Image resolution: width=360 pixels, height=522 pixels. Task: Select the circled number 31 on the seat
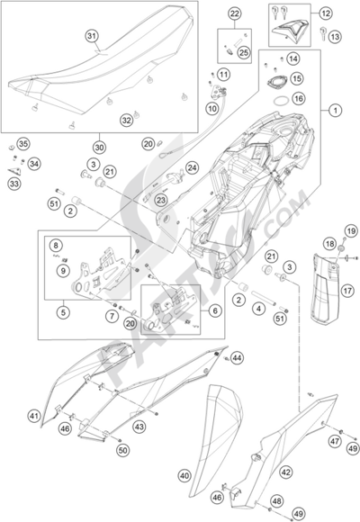click(x=90, y=35)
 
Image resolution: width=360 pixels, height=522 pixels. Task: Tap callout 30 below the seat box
click(x=99, y=148)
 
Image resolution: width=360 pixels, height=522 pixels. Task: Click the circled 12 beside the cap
click(x=326, y=13)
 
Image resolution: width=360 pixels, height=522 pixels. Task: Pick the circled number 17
click(x=346, y=291)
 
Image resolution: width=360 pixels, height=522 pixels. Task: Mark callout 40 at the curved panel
click(x=183, y=474)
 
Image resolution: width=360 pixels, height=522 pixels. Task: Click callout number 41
click(x=32, y=416)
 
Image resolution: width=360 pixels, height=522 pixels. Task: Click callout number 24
click(x=193, y=167)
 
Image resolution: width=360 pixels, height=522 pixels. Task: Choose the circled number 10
click(x=212, y=108)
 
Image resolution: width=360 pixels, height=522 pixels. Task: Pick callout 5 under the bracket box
click(x=61, y=312)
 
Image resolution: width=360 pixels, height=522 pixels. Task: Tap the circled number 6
click(x=213, y=309)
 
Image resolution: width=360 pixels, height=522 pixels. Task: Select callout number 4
click(x=257, y=309)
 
